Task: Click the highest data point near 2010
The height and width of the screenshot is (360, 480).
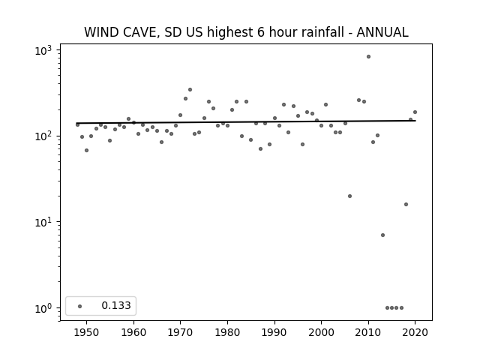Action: [368, 57]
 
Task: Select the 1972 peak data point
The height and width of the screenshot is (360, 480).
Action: [190, 90]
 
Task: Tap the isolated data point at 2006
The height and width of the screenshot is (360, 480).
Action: [350, 196]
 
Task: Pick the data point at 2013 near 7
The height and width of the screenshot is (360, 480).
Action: [382, 235]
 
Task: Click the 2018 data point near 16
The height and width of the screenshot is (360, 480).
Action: [406, 205]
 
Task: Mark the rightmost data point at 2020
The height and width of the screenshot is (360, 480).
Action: [415, 112]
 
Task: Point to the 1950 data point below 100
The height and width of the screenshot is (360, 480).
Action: [87, 150]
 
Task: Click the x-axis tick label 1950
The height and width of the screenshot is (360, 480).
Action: [87, 333]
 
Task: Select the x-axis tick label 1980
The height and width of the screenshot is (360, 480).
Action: [227, 333]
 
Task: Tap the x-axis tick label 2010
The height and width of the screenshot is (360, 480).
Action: [368, 333]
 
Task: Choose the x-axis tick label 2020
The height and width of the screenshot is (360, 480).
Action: [415, 333]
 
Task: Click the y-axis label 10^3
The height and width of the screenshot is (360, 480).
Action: [43, 50]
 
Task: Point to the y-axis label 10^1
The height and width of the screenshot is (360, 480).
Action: [43, 222]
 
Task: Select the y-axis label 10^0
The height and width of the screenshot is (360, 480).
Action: [43, 308]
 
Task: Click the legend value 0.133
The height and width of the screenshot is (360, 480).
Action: [116, 305]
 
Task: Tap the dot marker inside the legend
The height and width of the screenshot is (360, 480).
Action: [80, 306]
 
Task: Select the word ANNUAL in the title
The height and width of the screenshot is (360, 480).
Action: [382, 32]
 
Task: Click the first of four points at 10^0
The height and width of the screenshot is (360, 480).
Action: [387, 308]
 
